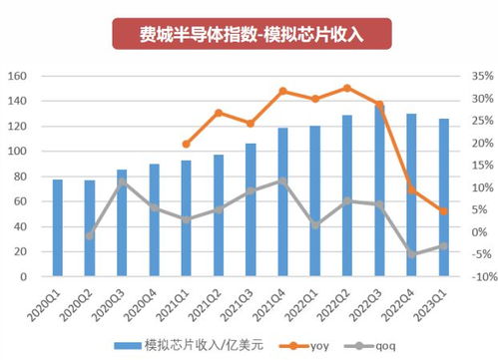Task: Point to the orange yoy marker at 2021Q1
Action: (x=187, y=144)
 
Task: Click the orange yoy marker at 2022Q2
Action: (x=347, y=88)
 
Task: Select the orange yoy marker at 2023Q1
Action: (x=444, y=210)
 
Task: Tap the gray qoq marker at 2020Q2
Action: (x=90, y=235)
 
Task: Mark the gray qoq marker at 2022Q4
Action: (x=412, y=254)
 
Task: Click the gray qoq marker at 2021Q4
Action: (x=283, y=180)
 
